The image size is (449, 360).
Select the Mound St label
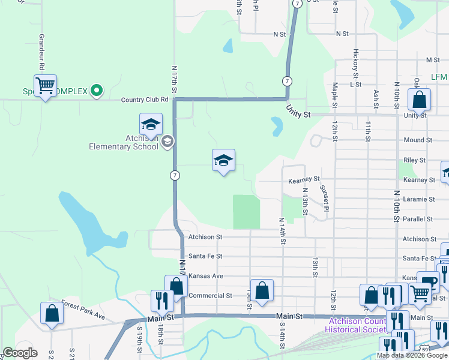point(418,140)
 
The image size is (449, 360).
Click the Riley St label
point(415,160)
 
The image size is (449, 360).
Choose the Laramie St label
point(419,199)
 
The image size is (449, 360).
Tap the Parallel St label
point(418,219)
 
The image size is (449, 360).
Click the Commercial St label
point(210,296)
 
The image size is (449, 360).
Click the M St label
point(433,60)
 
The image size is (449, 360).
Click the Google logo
point(20,353)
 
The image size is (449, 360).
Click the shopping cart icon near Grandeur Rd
point(45,86)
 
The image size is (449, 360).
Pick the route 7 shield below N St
point(288,80)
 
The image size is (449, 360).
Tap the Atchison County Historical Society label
point(354,324)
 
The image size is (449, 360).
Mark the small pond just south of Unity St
point(277,125)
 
